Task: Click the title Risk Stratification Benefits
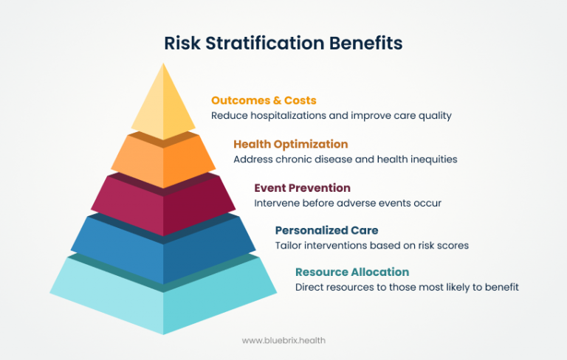click(x=283, y=43)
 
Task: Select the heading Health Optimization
click(x=290, y=144)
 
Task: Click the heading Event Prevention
click(x=302, y=187)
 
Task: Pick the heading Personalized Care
click(x=326, y=230)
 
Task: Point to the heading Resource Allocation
click(x=351, y=272)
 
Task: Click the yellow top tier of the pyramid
click(x=163, y=107)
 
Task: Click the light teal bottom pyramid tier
click(x=163, y=299)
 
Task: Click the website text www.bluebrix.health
click(x=283, y=340)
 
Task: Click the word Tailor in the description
click(x=289, y=245)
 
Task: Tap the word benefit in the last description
click(x=501, y=287)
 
